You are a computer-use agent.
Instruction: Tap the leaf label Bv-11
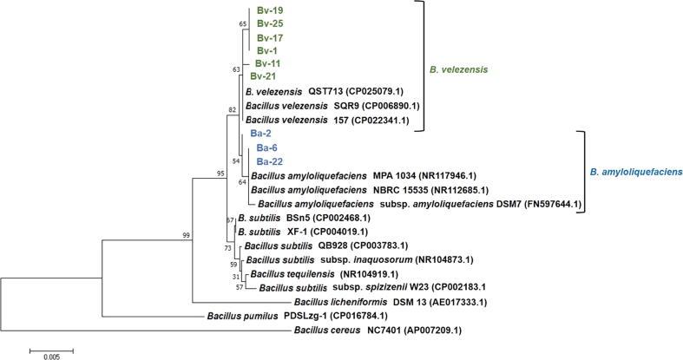pos(266,63)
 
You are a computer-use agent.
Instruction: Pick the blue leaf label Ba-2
pos(261,134)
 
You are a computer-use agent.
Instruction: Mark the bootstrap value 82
pos(232,110)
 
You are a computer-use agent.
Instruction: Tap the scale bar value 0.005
pos(51,356)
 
